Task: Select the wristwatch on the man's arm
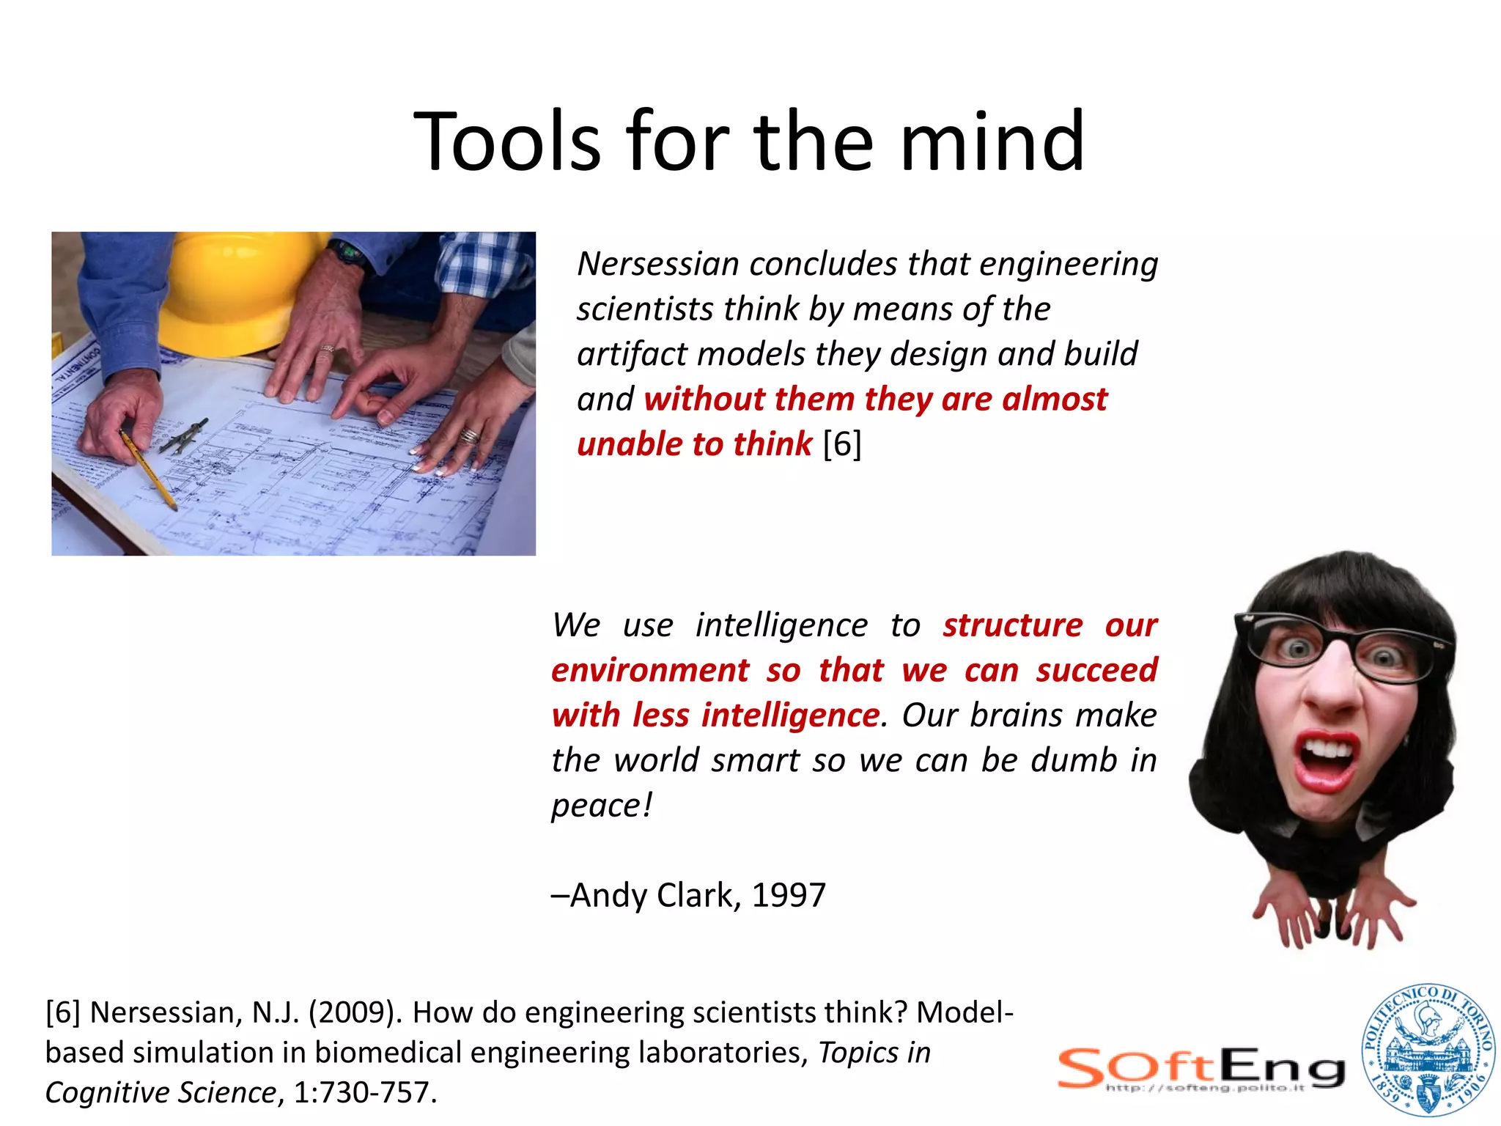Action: [347, 254]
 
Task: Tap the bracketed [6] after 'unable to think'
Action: [842, 444]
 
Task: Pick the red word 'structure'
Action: [1012, 625]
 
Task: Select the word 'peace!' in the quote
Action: [601, 806]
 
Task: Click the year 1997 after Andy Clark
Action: [789, 895]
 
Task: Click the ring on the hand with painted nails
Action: [470, 436]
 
